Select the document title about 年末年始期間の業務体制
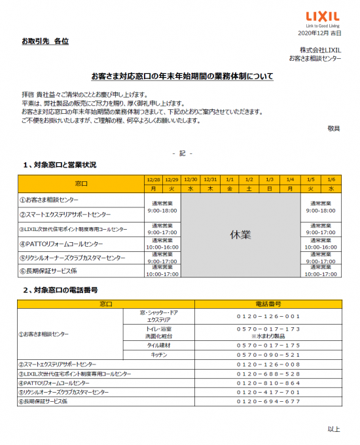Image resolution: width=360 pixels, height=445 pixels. pos(182,77)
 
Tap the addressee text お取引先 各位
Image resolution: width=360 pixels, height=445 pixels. pos(45,41)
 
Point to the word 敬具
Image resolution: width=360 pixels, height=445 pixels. pos(334,128)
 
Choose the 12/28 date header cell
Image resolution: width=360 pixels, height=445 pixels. pos(153,179)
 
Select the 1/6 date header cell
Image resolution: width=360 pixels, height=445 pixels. pos(331,179)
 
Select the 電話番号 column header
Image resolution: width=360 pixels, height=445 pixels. pos(268,304)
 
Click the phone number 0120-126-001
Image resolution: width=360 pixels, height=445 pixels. pos(268,316)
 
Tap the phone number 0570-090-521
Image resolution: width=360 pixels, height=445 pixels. pos(268,354)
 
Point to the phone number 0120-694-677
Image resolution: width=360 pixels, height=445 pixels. pos(268,401)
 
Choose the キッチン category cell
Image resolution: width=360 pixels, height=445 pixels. pos(159,354)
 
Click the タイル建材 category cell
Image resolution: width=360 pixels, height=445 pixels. pos(159,345)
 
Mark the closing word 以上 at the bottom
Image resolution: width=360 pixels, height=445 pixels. pos(334,429)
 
